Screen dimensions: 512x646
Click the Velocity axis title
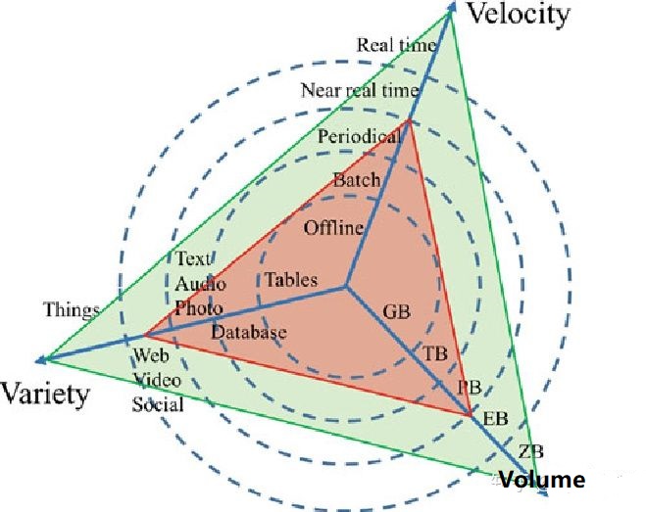pos(519,14)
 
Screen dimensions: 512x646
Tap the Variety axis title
pos(45,394)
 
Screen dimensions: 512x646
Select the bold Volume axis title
pos(541,481)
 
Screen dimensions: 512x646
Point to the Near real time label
pos(360,90)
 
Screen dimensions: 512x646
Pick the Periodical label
pos(359,137)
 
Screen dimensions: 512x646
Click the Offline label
pos(333,229)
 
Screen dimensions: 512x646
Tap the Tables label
pos(291,280)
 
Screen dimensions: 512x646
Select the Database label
pos(249,332)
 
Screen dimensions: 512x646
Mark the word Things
pos(71,310)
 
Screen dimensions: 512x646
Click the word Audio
pos(200,284)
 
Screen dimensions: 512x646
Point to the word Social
pos(159,405)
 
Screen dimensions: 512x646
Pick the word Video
pos(157,379)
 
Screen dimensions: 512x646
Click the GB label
pos(396,312)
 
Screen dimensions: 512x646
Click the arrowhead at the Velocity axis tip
pos(452,7)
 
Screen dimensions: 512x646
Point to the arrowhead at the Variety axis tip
pos(39,359)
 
